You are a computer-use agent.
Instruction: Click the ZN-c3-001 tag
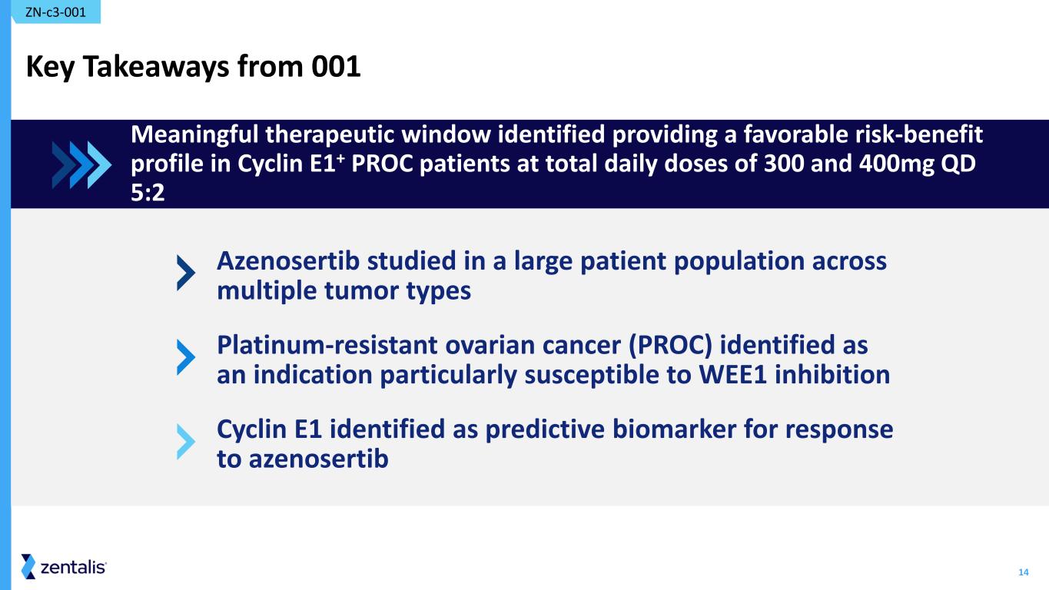[55, 12]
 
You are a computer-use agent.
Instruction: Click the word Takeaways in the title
[157, 67]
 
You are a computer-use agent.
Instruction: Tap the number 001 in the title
[336, 67]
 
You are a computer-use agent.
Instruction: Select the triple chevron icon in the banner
[81, 165]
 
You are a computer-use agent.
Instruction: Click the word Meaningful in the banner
[194, 135]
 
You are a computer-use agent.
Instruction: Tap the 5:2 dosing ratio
[148, 193]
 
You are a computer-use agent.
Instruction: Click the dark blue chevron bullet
[186, 273]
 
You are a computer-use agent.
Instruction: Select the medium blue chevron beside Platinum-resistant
[186, 357]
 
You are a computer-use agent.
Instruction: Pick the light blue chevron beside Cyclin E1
[186, 442]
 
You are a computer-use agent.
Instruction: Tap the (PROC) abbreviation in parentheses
[669, 346]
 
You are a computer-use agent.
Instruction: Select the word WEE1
[732, 375]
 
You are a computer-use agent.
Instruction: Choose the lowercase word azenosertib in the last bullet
[318, 459]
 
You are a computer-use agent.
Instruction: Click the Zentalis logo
[64, 567]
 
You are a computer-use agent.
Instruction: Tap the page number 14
[1023, 572]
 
